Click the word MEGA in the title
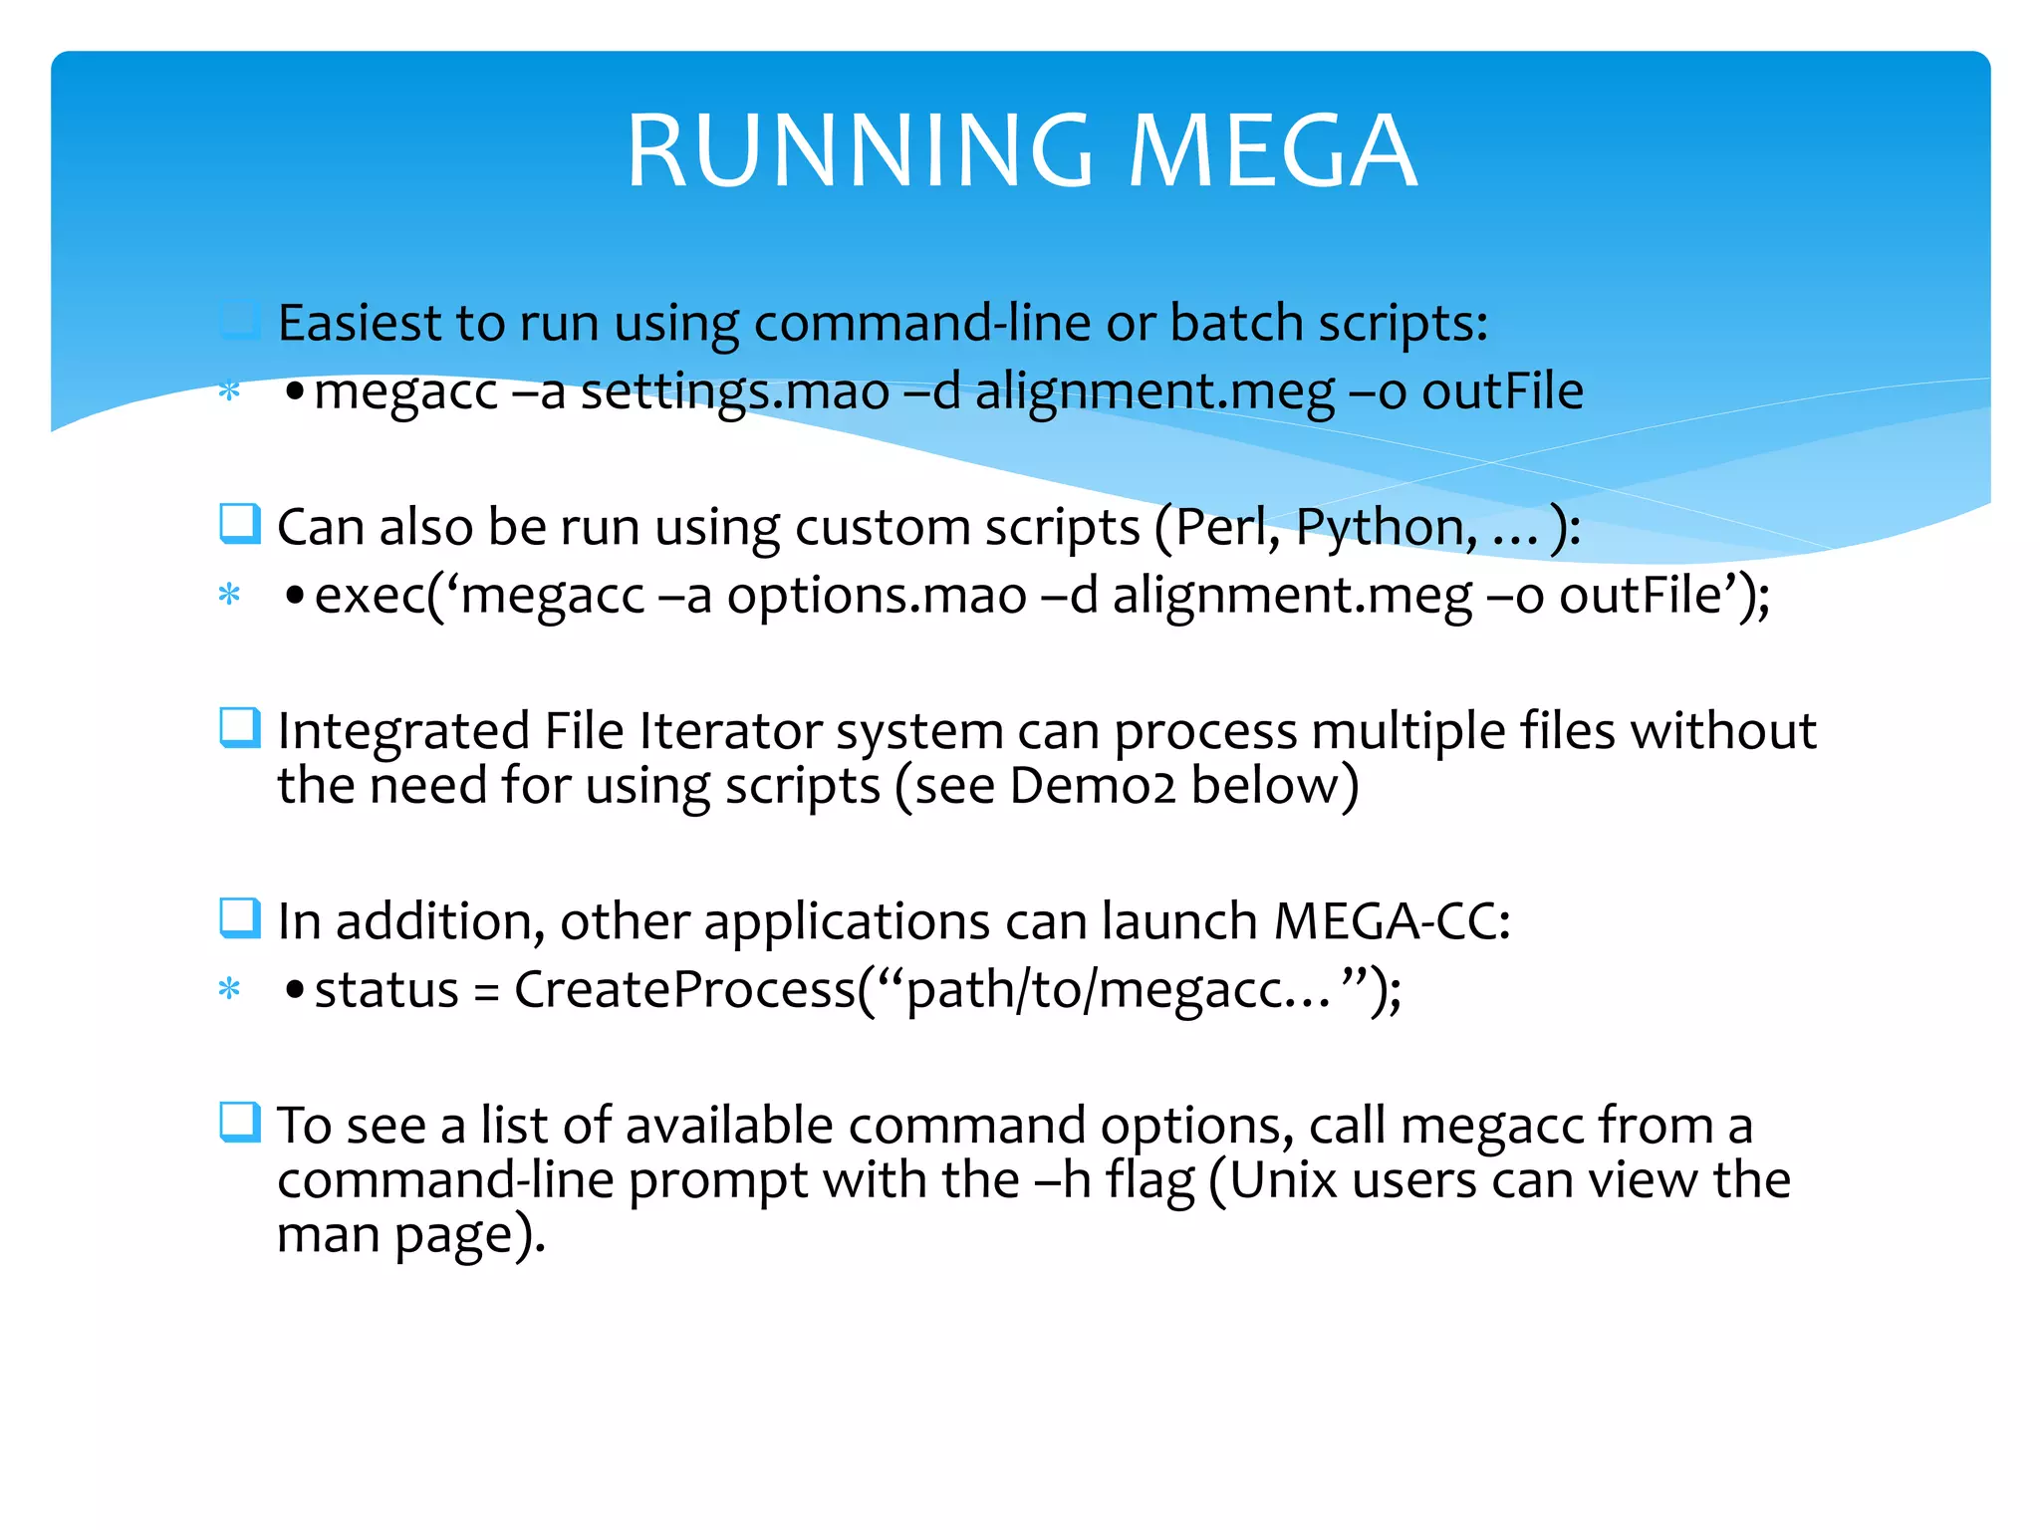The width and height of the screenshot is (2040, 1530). [1272, 150]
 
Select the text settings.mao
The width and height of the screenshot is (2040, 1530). [735, 391]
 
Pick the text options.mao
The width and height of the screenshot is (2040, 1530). [877, 596]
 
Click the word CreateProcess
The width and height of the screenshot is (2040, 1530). [685, 990]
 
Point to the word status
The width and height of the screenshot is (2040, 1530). [386, 990]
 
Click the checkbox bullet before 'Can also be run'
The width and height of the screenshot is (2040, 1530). [240, 524]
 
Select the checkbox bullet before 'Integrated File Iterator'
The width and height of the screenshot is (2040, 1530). [240, 727]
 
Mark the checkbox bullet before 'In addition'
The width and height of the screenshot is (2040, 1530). [240, 918]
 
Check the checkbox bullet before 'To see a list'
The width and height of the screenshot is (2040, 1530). [240, 1123]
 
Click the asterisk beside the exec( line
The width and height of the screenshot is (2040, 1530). [230, 596]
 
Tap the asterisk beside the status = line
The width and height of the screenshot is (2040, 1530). [230, 990]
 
